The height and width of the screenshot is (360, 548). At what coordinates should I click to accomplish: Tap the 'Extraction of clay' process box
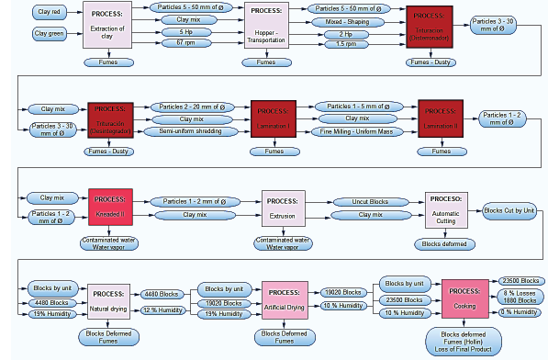pos(106,25)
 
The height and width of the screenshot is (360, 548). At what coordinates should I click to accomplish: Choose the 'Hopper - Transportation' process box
pos(266,25)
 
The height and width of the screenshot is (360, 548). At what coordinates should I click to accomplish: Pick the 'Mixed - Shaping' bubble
pos(346,21)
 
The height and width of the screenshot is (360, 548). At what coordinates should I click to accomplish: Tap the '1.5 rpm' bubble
pos(346,43)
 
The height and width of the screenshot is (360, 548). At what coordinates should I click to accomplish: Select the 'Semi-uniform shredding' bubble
pos(190,130)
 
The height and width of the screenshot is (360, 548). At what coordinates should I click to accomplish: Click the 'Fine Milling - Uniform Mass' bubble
pos(359,130)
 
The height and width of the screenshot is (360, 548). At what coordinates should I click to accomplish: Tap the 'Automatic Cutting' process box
pos(445,210)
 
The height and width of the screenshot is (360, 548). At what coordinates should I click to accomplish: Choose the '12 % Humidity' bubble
pos(162,309)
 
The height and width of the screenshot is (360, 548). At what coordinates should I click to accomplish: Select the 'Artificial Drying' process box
pos(284,299)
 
